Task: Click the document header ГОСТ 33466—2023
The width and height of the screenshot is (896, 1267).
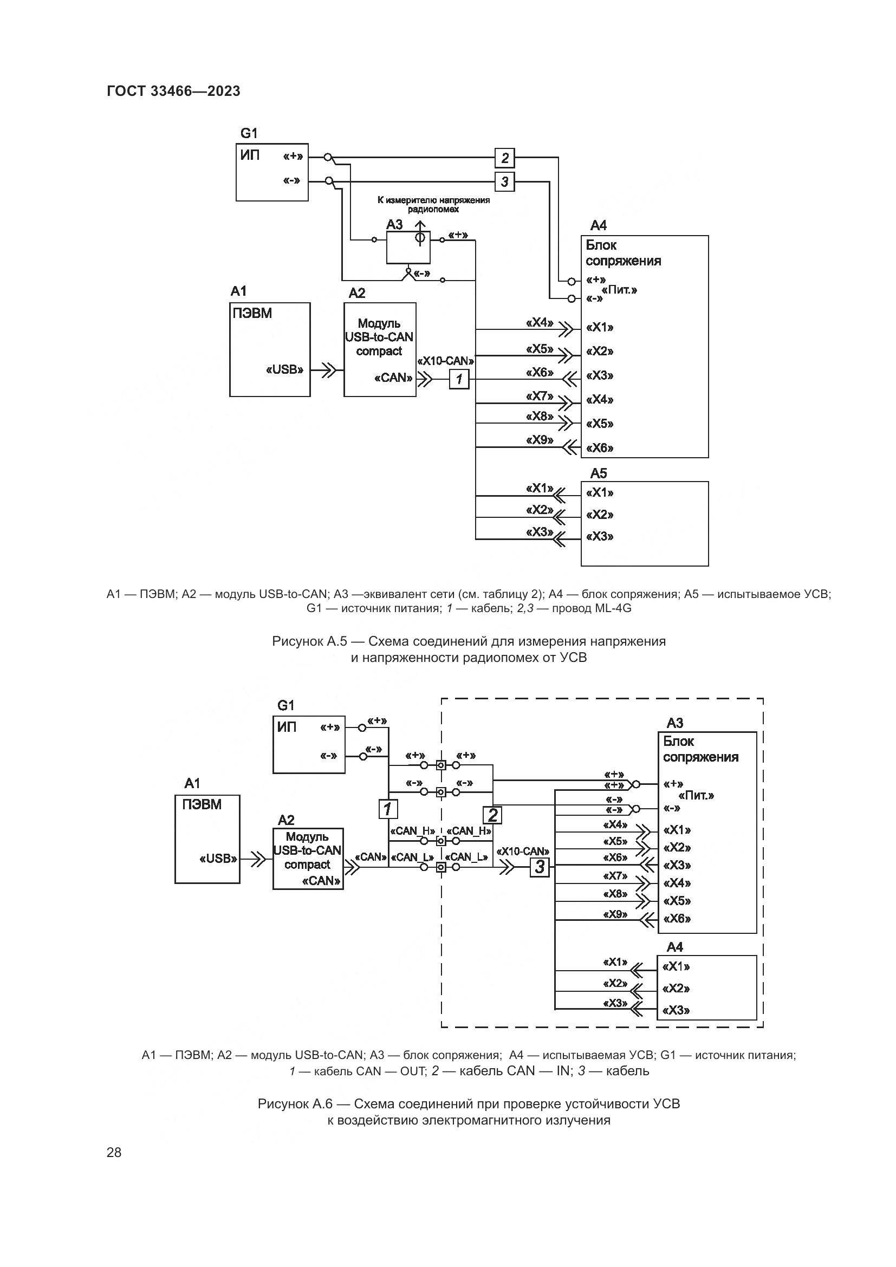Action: pos(173,92)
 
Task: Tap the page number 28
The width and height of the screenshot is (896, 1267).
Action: pos(114,1152)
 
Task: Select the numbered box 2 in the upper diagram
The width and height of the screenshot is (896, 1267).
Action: pos(504,158)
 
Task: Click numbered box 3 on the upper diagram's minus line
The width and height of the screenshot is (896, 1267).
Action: pos(504,181)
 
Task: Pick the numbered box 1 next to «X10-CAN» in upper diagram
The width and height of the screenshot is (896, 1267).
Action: pos(459,380)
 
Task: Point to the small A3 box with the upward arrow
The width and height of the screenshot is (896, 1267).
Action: pos(408,247)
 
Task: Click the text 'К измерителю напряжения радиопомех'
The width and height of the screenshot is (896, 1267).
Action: pos(433,205)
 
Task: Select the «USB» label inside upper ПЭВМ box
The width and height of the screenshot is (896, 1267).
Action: pos(285,370)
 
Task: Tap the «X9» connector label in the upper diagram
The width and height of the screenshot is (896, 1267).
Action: pos(540,440)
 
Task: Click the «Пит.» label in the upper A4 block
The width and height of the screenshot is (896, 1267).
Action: pos(619,290)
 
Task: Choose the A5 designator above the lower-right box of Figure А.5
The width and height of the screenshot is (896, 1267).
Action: pos(599,473)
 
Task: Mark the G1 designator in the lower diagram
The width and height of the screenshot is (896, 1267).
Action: pos(286,706)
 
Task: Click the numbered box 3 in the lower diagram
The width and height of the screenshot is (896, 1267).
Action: pos(540,867)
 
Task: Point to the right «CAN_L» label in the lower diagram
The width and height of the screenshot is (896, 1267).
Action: pos(467,857)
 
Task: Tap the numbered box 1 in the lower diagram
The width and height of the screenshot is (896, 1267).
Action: pos(388,809)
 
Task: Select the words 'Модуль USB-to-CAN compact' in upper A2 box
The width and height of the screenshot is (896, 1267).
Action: pos(379,337)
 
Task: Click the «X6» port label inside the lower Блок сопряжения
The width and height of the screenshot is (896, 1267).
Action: pos(677,919)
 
